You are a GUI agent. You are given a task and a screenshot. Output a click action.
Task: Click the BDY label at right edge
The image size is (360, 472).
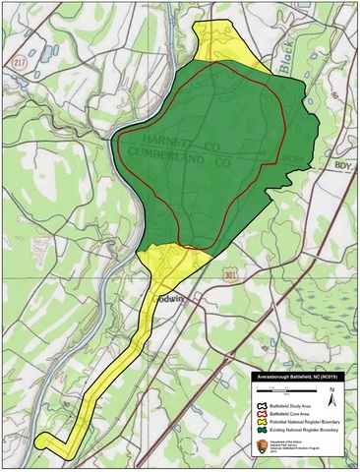click(x=343, y=165)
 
